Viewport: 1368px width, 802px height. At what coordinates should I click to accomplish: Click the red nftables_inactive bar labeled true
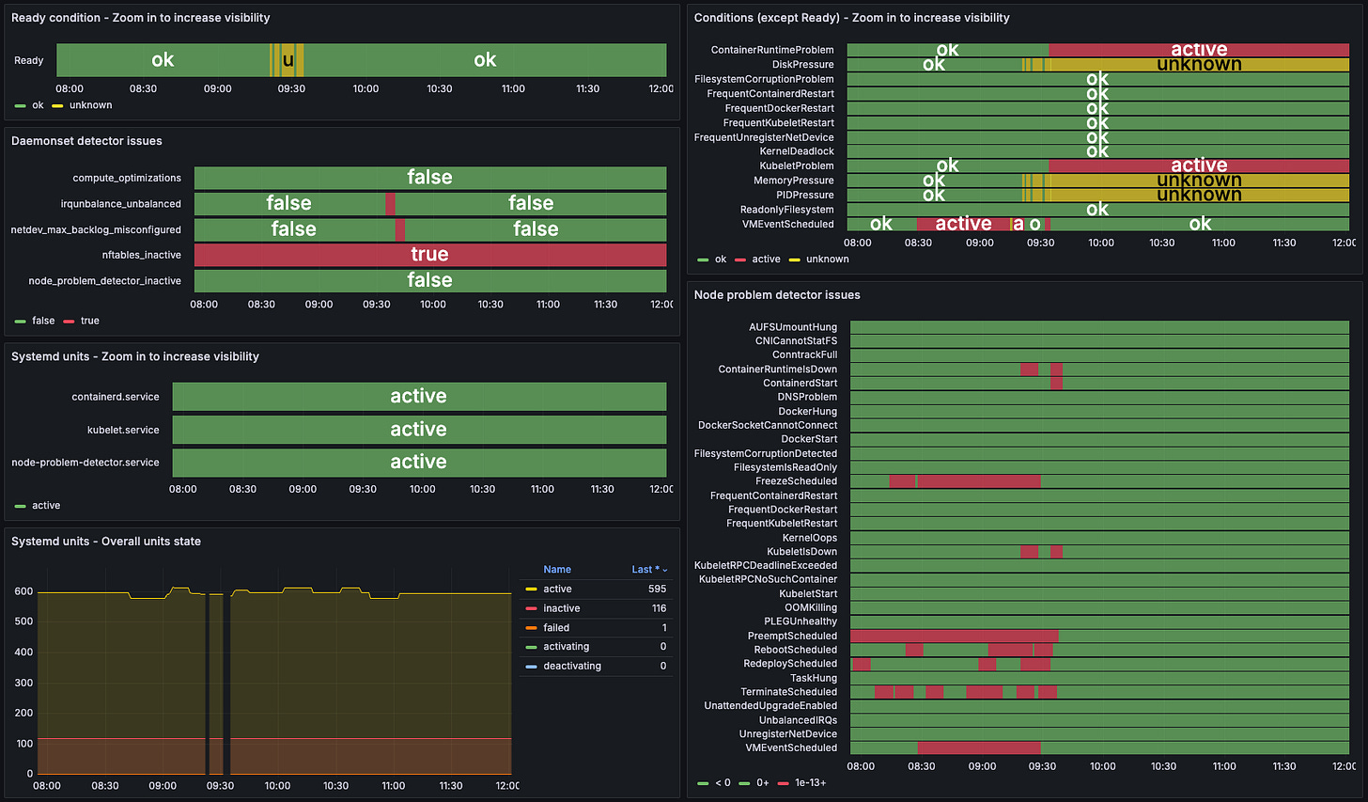coord(429,255)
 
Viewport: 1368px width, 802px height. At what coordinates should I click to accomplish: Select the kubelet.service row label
coord(123,430)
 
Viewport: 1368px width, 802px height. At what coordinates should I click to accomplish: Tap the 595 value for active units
coord(657,590)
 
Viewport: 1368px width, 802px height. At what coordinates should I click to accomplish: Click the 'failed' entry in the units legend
coord(556,628)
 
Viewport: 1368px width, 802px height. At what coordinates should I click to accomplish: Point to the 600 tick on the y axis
coord(23,591)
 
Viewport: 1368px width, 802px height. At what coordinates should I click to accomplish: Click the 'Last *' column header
coord(648,570)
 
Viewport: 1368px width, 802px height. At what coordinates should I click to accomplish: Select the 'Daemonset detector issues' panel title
coord(86,141)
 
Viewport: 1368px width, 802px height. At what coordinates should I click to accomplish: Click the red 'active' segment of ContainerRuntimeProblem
coord(1198,50)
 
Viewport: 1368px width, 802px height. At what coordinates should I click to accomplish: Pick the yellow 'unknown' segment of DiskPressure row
coord(1198,65)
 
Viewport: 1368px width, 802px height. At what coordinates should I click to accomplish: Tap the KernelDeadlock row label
coord(796,151)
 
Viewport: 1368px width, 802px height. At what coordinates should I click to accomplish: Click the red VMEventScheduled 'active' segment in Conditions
coord(962,224)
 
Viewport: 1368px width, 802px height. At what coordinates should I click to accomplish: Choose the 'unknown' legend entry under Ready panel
coord(90,105)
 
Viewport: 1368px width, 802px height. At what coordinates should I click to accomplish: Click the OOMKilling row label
coord(810,607)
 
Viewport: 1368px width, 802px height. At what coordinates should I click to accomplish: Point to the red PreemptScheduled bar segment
coord(953,636)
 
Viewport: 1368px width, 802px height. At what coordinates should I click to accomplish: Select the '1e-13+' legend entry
coord(810,782)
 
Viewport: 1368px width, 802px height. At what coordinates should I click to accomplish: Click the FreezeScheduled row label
coord(796,481)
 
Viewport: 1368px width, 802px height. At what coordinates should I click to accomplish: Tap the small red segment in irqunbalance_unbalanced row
coord(390,204)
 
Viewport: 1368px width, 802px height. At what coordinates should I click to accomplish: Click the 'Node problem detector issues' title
coord(776,295)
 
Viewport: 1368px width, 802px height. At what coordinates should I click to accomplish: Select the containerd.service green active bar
coord(418,397)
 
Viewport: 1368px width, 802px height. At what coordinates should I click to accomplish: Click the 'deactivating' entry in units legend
coord(572,667)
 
